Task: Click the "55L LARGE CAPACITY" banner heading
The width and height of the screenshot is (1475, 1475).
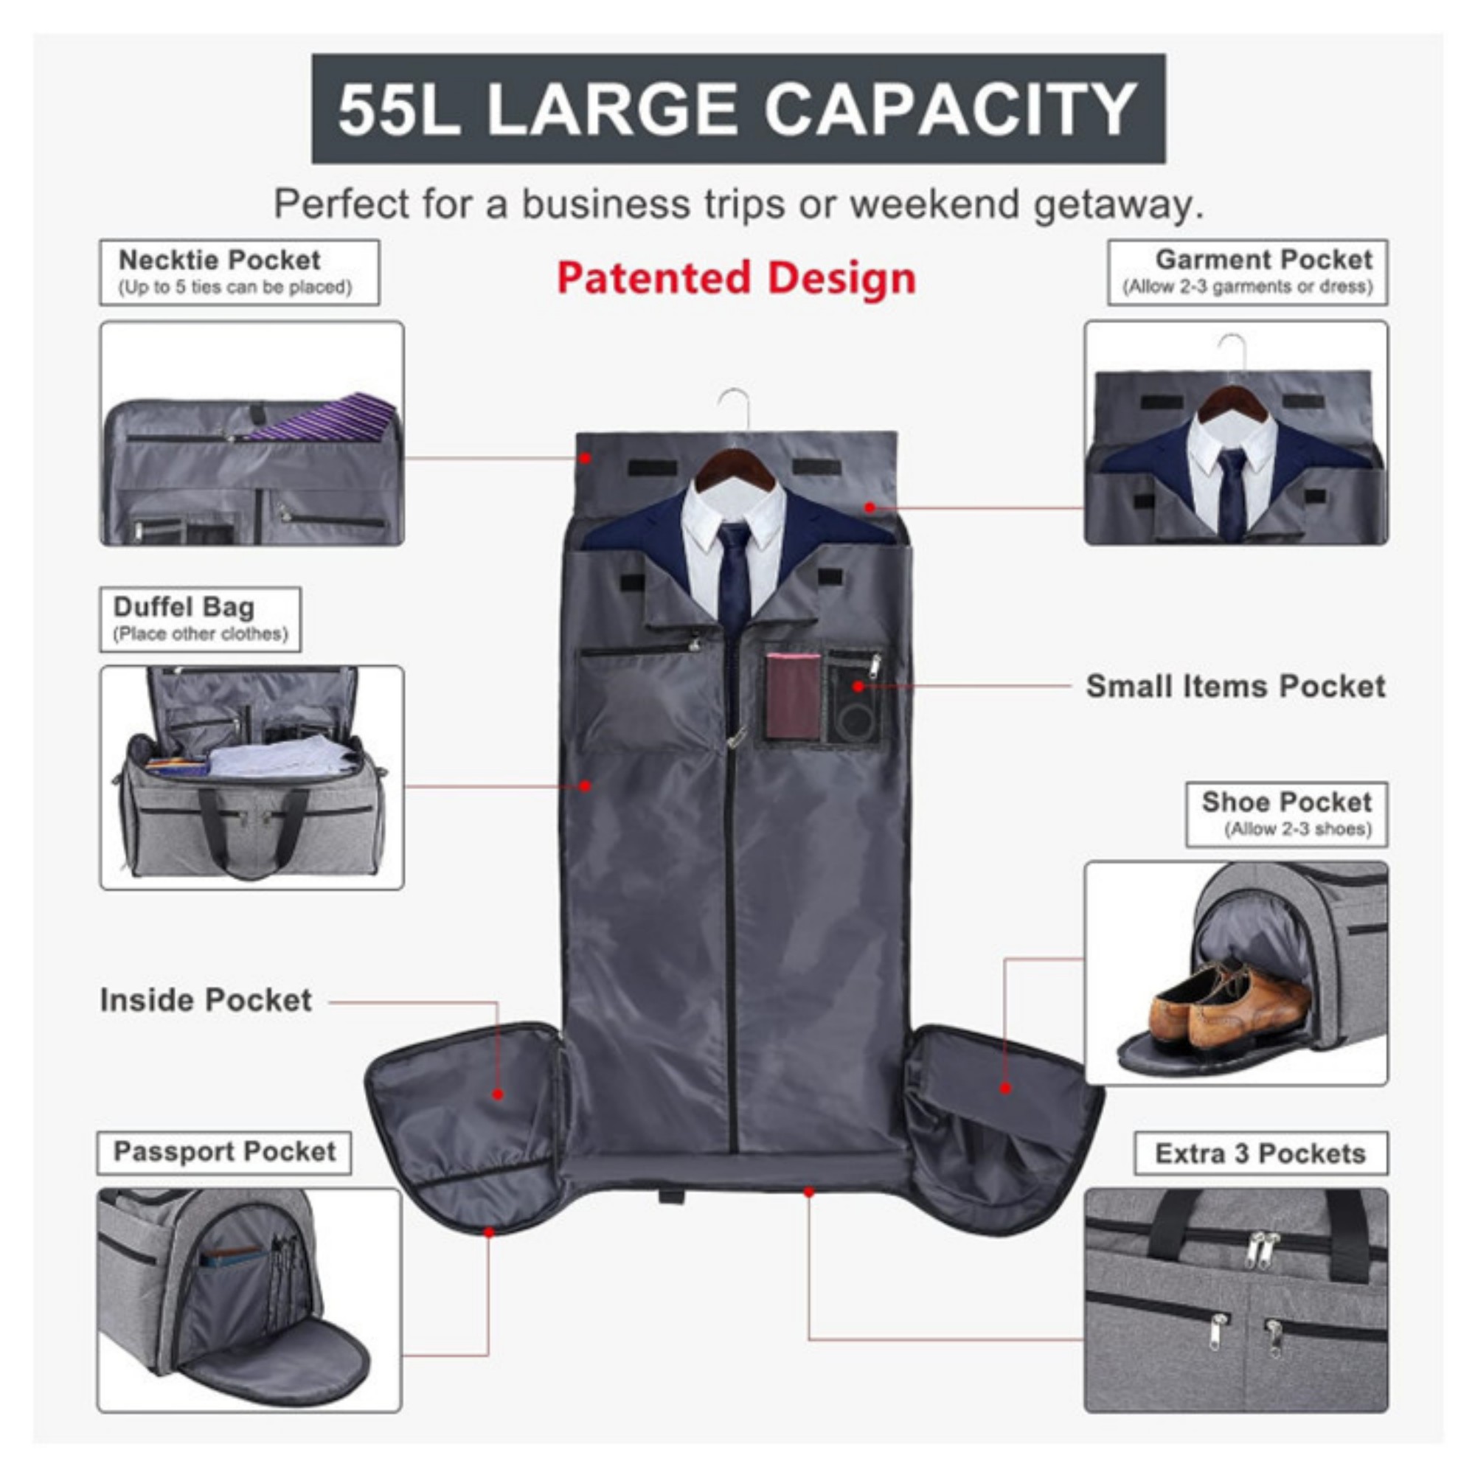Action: (x=738, y=108)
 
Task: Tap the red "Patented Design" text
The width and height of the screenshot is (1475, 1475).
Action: (x=736, y=278)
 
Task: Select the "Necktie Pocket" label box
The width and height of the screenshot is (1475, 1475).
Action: (x=239, y=273)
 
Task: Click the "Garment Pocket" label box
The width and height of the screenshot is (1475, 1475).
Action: (x=1248, y=273)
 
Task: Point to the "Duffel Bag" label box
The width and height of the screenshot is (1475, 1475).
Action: (x=200, y=619)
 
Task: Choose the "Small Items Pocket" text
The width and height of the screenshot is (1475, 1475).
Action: (x=1235, y=686)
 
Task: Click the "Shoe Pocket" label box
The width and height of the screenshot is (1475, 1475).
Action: (x=1286, y=814)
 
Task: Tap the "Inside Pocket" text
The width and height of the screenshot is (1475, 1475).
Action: (x=206, y=999)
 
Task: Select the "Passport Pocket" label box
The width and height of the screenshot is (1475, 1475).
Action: (x=224, y=1152)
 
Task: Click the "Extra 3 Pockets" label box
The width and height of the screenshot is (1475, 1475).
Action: (x=1260, y=1153)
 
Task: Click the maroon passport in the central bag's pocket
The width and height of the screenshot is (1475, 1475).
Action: (x=794, y=695)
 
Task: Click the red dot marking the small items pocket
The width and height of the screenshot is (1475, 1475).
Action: (x=858, y=687)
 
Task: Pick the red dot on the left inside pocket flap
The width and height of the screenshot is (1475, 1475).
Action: (x=498, y=1094)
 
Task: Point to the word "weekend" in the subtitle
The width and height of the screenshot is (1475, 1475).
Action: (x=934, y=204)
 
